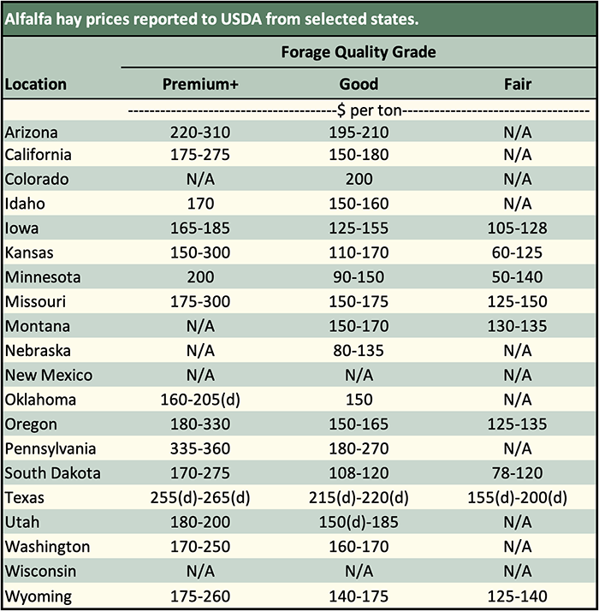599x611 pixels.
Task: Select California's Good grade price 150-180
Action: click(359, 155)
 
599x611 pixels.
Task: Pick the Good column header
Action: click(359, 84)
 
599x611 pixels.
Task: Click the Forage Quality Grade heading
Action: click(359, 52)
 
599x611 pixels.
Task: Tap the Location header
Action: click(36, 84)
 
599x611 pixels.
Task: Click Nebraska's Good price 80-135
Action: click(359, 351)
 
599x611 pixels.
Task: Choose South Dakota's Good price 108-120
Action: click(359, 473)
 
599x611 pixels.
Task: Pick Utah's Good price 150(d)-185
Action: click(359, 522)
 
